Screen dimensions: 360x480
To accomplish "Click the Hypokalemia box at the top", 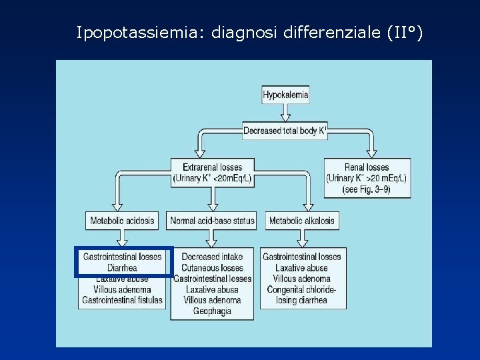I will tap(285, 95).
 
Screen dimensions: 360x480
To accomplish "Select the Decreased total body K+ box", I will tap(285, 131).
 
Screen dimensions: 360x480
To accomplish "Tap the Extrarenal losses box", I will tap(212, 173).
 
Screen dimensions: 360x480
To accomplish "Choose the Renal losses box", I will tap(367, 177).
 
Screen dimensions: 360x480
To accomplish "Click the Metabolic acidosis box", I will tap(122, 221).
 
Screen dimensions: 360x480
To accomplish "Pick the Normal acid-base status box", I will tap(212, 221).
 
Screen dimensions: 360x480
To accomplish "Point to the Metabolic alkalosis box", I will tap(302, 221).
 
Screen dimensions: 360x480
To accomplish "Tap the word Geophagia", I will tap(212, 311).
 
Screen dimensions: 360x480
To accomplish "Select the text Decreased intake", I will tap(212, 257).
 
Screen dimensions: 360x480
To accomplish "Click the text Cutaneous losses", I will tap(212, 268).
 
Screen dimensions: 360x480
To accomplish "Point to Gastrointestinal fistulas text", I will tap(122, 300).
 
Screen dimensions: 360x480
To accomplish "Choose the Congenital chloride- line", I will tap(302, 289).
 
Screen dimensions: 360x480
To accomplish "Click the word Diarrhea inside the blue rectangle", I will tap(122, 268).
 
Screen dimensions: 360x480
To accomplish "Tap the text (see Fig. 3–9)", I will tap(367, 189).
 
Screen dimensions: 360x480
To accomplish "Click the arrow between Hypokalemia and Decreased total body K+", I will tap(285, 113).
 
